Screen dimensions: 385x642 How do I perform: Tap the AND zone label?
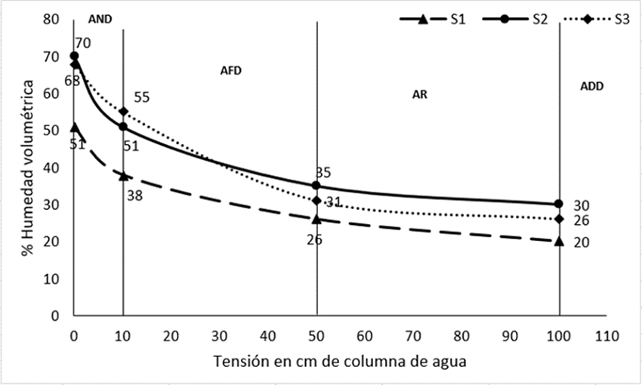click(100, 20)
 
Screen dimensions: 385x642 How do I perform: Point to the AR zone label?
click(421, 95)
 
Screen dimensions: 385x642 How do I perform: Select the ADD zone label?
click(591, 87)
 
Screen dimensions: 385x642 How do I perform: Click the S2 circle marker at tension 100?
click(559, 204)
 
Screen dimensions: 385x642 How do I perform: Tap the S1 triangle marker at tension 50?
click(316, 219)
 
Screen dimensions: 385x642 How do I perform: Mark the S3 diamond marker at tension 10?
click(123, 112)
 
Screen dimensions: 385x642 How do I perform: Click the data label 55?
click(141, 97)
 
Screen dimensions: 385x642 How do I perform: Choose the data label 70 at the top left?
click(83, 45)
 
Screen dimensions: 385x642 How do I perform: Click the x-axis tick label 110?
click(607, 335)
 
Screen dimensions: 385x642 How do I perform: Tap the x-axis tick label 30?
click(220, 335)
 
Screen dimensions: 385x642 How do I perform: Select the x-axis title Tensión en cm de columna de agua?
click(340, 361)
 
